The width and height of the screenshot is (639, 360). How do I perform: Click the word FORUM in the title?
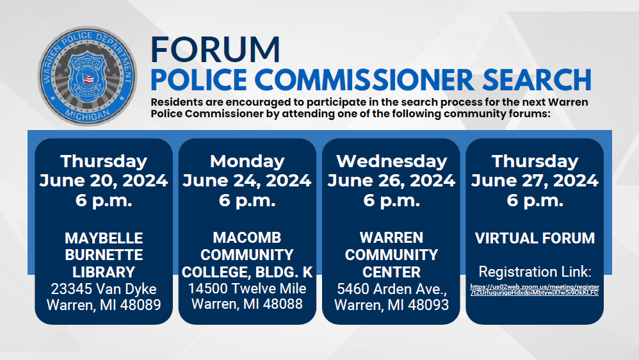(215, 50)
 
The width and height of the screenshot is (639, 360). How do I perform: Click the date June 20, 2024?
(104, 181)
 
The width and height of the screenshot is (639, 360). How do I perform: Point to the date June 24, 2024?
(247, 181)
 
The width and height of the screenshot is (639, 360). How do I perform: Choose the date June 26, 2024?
(391, 181)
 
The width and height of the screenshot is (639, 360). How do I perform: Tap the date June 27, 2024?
(535, 181)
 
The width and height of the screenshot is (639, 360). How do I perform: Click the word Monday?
(247, 161)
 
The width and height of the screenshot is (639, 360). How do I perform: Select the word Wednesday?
(391, 161)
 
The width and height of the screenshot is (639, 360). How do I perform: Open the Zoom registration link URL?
(535, 290)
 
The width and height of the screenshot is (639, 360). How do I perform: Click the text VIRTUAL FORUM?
(535, 239)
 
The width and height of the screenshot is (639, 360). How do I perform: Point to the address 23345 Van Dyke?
(104, 289)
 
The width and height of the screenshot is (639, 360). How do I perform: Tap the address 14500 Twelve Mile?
(247, 288)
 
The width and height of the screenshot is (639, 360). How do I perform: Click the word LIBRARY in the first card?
(104, 272)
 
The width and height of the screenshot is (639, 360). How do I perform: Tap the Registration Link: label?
(535, 271)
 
